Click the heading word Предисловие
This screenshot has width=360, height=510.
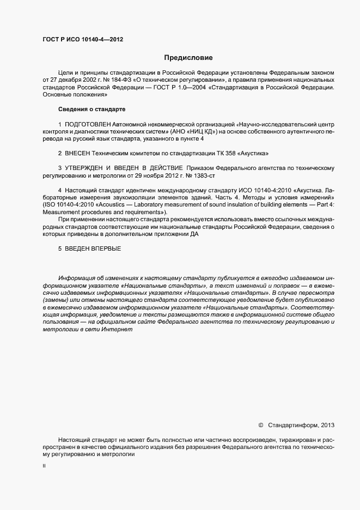click(x=188, y=57)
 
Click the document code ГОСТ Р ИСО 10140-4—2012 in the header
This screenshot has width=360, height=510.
click(x=82, y=39)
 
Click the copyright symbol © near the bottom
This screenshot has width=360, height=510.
click(x=260, y=424)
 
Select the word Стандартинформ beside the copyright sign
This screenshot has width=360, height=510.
click(x=294, y=424)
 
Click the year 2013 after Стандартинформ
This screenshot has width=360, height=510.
click(x=328, y=424)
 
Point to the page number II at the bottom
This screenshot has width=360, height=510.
click(x=44, y=466)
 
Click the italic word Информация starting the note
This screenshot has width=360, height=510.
click(x=75, y=278)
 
